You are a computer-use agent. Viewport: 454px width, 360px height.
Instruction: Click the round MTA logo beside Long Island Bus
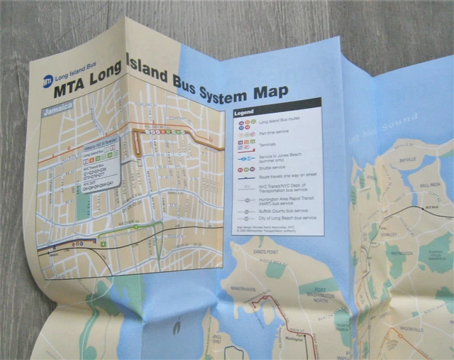click(48, 80)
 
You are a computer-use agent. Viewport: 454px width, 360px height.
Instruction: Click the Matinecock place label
click(402, 253)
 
